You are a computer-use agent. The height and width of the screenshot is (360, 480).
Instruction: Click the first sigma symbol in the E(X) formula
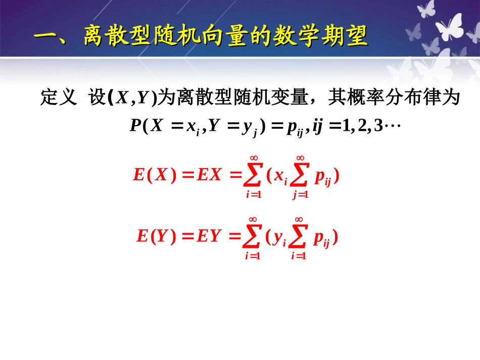[254, 176]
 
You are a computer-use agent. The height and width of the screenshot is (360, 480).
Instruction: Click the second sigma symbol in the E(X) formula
[300, 176]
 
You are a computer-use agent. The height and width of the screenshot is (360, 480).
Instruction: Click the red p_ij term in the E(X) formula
[322, 177]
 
